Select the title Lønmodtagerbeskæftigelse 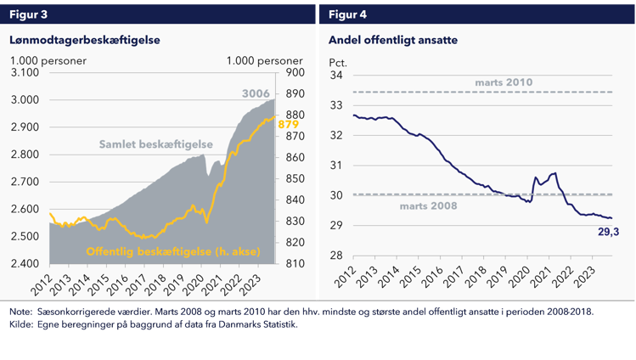click(x=85, y=39)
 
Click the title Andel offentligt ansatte click(x=391, y=39)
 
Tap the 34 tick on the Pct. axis click(x=336, y=75)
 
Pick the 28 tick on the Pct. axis click(x=336, y=256)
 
